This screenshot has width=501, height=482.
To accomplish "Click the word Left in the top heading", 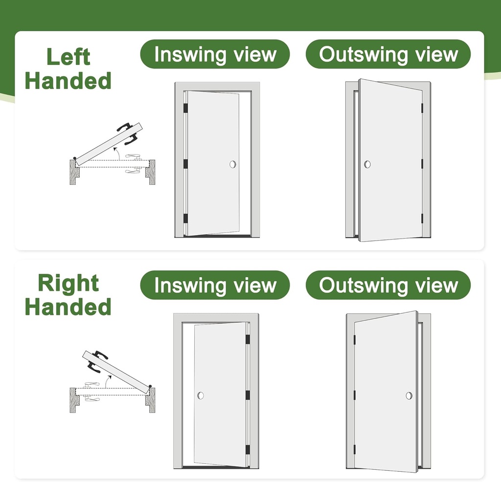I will click(x=68, y=57).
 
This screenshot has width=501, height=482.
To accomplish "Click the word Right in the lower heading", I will click(x=68, y=284).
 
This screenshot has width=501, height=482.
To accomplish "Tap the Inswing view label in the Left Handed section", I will click(x=215, y=54).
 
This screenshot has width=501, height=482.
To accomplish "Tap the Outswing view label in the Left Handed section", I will click(x=388, y=54).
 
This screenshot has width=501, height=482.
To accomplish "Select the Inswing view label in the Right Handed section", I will click(x=215, y=285).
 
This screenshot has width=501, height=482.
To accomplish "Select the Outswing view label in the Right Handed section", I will click(x=388, y=285).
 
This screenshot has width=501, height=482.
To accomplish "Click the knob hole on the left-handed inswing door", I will click(x=233, y=164).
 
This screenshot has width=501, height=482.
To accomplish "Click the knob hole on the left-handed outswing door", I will click(x=367, y=164).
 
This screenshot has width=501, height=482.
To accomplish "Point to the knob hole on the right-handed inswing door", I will click(x=201, y=395).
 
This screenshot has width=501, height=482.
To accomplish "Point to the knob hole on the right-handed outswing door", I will click(x=409, y=395).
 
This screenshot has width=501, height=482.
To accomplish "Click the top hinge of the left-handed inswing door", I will click(x=186, y=109).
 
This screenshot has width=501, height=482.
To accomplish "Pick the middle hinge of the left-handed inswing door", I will click(x=186, y=164).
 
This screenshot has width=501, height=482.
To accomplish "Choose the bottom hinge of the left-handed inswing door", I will click(x=186, y=218).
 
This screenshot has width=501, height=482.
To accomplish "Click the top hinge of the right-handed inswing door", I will click(x=247, y=339).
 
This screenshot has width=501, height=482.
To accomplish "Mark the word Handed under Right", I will click(x=68, y=307).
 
